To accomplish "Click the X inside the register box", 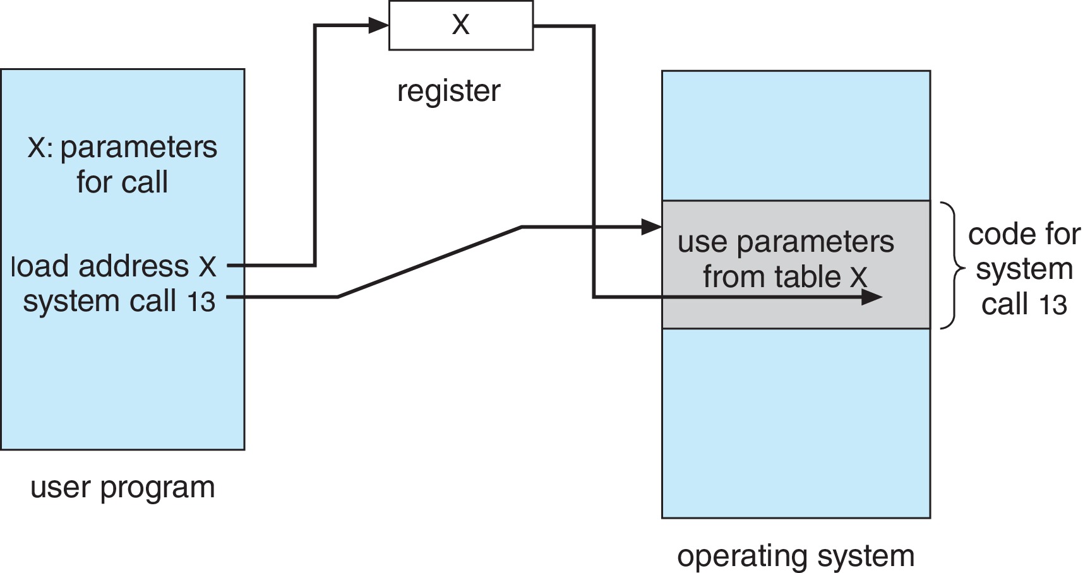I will (460, 25).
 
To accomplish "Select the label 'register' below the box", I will (448, 91).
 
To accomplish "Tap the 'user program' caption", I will (123, 488).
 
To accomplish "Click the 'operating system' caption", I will (796, 556).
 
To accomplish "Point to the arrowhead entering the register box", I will (378, 25).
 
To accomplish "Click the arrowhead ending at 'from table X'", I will (872, 297).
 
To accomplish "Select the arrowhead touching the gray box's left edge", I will (651, 227).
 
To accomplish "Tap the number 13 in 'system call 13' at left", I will (201, 302).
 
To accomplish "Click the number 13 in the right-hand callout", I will (1053, 305).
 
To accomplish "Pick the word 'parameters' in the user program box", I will (139, 148).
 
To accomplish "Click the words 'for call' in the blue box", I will (123, 182).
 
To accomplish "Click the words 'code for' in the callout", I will (1024, 235).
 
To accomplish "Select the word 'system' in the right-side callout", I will (1024, 269).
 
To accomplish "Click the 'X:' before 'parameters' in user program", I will (40, 148).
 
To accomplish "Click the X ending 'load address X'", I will (207, 267).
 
